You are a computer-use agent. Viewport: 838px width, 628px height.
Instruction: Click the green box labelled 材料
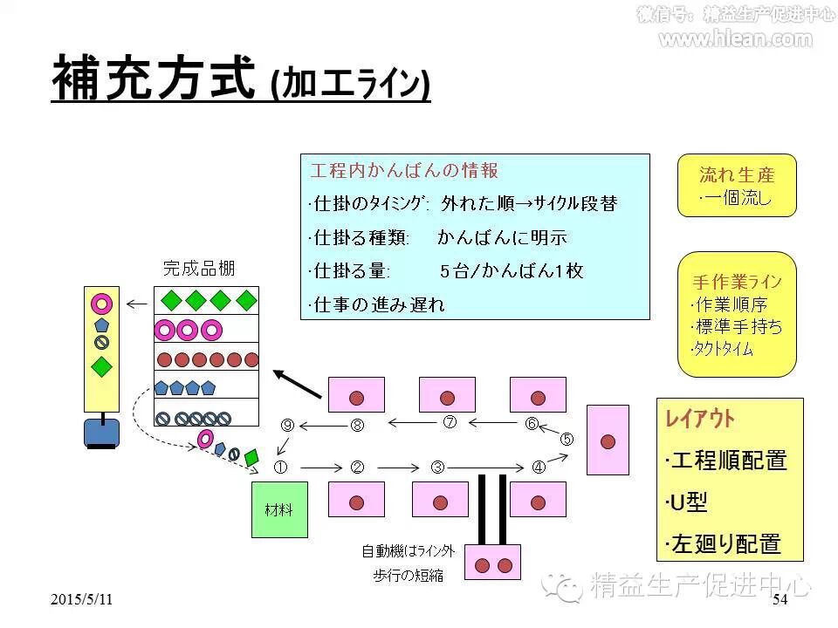(279, 509)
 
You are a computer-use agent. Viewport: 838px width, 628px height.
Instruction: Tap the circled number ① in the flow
(281, 467)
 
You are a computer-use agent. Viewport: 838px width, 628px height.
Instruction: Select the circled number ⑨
(288, 425)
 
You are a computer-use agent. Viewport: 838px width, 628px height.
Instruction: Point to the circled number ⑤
(567, 439)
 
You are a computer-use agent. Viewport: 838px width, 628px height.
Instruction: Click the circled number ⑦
(450, 422)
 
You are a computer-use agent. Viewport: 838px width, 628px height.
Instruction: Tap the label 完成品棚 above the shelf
(199, 268)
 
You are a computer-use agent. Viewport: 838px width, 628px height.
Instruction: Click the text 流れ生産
(737, 174)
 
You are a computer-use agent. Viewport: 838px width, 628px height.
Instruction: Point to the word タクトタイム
(723, 350)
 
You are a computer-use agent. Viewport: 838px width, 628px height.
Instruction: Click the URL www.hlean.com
(735, 38)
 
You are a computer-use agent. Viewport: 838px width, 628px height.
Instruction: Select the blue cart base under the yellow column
(101, 433)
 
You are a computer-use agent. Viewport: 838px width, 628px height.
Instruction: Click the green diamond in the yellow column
(102, 365)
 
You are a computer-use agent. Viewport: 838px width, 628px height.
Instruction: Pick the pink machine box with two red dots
(492, 563)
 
